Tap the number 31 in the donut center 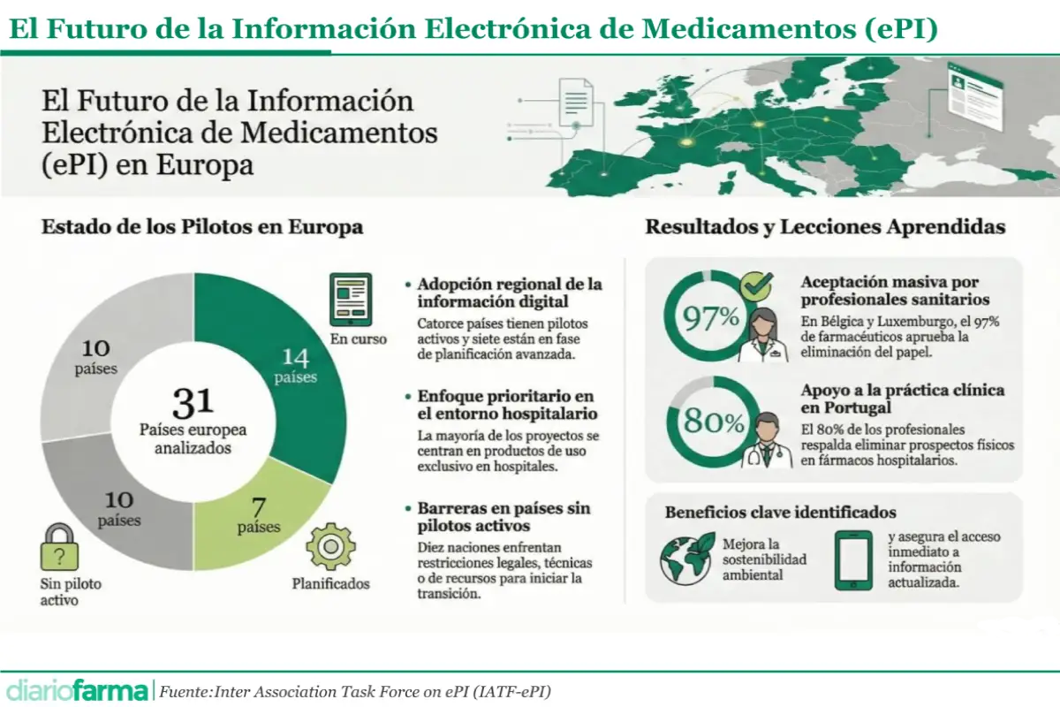click(193, 402)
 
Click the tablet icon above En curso click(351, 300)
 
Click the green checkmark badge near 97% click(756, 285)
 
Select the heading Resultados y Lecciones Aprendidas click(825, 226)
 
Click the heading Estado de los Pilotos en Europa click(202, 226)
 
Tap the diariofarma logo click(76, 689)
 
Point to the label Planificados click(330, 583)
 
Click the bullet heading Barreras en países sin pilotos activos click(503, 518)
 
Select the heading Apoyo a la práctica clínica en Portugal click(902, 399)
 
